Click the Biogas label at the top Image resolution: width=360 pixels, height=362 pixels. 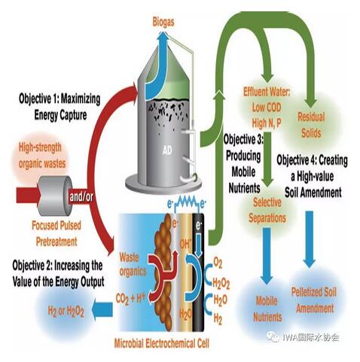[163, 23]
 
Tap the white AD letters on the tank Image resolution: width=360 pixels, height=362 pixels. [167, 151]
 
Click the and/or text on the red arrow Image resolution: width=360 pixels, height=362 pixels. [81, 196]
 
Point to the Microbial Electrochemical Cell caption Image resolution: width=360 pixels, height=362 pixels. [161, 343]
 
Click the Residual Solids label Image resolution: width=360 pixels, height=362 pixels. [311, 125]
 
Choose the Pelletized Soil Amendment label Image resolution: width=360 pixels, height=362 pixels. [314, 300]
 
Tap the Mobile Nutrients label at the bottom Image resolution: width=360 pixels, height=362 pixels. [267, 309]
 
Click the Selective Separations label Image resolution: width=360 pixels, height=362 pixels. [267, 210]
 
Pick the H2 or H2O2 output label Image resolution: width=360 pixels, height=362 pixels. [66, 312]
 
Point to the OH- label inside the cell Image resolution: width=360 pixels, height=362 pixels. [185, 244]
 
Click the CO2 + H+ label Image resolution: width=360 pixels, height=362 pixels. [130, 298]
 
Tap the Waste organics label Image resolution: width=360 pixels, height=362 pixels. [133, 264]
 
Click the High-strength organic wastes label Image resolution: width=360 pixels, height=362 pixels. [42, 156]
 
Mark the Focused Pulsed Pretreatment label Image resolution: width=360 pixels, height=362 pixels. [56, 233]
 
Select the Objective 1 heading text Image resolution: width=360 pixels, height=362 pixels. [59, 107]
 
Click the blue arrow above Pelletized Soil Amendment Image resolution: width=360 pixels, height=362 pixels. [310, 239]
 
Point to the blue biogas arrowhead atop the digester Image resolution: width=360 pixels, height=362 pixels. [163, 36]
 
